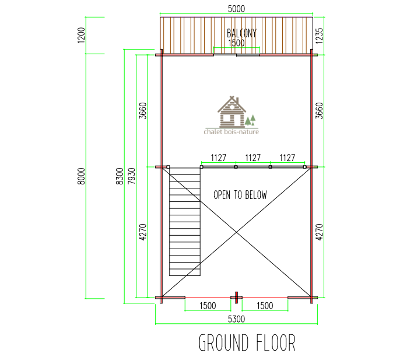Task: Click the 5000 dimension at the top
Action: pyautogui.click(x=236, y=9)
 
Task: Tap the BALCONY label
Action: pyautogui.click(x=241, y=33)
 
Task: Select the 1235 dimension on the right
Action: pyautogui.click(x=319, y=36)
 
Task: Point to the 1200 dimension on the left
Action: pyautogui.click(x=81, y=35)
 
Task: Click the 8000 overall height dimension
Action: pyautogui.click(x=81, y=176)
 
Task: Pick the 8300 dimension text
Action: pyautogui.click(x=120, y=176)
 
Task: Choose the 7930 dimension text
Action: pyautogui.click(x=131, y=176)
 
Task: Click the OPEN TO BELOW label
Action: pyautogui.click(x=240, y=195)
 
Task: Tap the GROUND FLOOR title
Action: pyautogui.click(x=247, y=343)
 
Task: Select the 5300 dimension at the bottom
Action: pyautogui.click(x=236, y=319)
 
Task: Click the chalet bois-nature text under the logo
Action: pyautogui.click(x=231, y=131)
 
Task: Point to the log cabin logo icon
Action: pyautogui.click(x=236, y=111)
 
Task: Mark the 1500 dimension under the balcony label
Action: pyautogui.click(x=236, y=43)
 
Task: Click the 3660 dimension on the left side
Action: pyautogui.click(x=143, y=111)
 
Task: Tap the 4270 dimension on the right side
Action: pyautogui.click(x=319, y=232)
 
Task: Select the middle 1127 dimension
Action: pyautogui.click(x=253, y=158)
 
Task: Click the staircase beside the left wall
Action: pyautogui.click(x=185, y=222)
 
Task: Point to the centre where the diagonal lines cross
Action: pyautogui.click(x=236, y=232)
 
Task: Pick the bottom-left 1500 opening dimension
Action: pyautogui.click(x=208, y=306)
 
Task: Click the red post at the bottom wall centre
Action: pyautogui.click(x=236, y=298)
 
